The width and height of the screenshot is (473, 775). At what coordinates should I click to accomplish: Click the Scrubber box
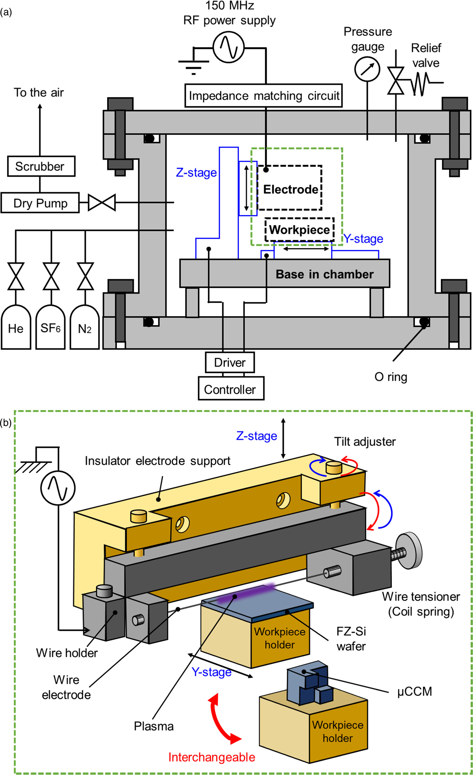41,166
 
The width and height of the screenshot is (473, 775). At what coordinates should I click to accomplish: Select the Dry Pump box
40,203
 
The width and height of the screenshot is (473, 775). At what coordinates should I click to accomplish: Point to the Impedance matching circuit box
263,96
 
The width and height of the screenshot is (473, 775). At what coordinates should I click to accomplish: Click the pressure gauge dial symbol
367,69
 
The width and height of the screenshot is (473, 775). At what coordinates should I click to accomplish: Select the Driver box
230,362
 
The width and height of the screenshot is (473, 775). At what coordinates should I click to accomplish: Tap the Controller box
231,389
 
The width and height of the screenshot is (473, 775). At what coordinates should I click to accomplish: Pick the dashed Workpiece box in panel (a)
299,230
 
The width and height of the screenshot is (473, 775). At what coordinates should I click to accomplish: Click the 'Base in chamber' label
324,274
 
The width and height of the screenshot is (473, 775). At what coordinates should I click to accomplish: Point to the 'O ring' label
390,377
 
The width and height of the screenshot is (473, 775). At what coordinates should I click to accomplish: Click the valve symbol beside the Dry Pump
102,202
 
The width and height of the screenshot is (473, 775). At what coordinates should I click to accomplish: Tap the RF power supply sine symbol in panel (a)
229,47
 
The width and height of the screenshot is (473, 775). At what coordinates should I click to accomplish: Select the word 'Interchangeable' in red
212,757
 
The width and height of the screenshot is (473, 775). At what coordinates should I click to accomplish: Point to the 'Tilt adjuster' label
365,442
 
